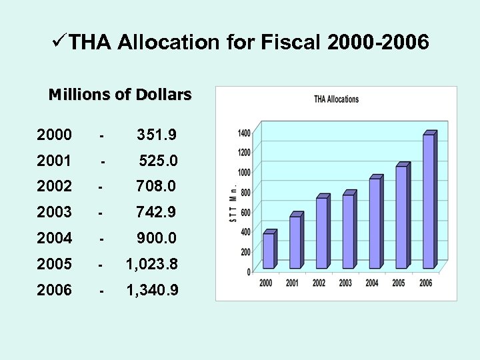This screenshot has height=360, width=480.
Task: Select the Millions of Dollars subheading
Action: tap(120, 95)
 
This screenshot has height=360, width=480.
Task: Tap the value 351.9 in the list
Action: tap(157, 135)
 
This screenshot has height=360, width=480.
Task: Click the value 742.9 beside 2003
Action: tap(156, 213)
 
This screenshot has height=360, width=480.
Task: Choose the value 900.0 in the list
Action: tap(157, 238)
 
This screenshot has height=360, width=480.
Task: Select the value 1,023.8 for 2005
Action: tap(153, 265)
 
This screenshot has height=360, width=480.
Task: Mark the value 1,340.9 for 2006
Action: tap(153, 291)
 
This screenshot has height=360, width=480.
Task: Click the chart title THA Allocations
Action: tap(336, 99)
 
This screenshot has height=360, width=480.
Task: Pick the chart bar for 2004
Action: tap(375, 223)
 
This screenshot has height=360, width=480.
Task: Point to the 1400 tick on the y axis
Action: tap(244, 133)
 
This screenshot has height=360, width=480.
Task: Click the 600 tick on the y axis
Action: tap(245, 212)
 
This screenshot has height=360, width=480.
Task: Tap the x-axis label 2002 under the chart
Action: tap(319, 283)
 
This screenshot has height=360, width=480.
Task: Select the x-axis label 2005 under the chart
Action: tap(399, 283)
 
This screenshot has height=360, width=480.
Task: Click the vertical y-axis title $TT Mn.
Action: tap(233, 203)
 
